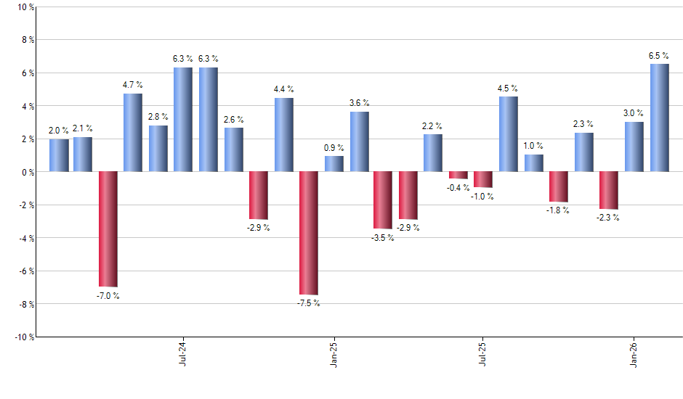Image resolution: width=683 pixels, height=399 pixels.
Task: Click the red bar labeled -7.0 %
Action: (108, 229)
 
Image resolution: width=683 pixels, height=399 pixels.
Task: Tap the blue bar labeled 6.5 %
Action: (660, 118)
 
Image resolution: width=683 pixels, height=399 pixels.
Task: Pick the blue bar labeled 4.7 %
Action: (133, 133)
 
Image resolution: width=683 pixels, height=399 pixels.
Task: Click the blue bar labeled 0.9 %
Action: (334, 164)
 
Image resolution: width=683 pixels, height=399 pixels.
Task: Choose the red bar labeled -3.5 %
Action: (383, 200)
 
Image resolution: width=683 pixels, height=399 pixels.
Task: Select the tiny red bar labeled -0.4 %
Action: (458, 175)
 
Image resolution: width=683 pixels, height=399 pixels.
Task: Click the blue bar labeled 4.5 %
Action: (509, 134)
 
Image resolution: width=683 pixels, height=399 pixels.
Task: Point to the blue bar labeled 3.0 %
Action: (634, 147)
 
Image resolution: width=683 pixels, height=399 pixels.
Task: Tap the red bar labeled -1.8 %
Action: (559, 186)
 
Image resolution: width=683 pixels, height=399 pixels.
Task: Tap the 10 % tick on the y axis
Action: (25, 7)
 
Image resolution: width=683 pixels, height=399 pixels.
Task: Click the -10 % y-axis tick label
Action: (23, 337)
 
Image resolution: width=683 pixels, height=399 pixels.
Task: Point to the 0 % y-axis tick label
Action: (27, 172)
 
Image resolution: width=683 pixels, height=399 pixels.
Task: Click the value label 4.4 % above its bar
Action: (284, 89)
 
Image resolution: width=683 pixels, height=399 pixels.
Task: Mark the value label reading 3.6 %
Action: (359, 103)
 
